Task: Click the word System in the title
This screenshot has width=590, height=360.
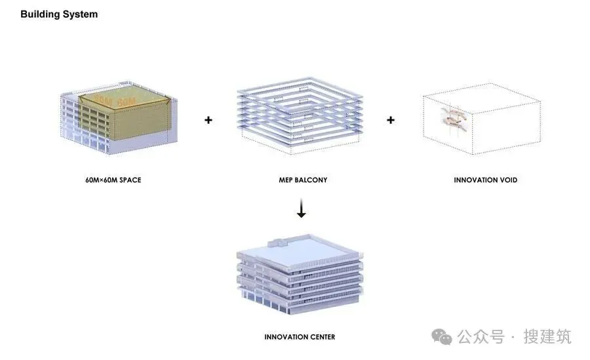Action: pyautogui.click(x=81, y=14)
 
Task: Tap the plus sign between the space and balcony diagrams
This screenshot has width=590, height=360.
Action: pyautogui.click(x=208, y=120)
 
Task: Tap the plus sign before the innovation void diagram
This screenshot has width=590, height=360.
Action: pyautogui.click(x=391, y=120)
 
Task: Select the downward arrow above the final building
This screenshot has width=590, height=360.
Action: pyautogui.click(x=301, y=209)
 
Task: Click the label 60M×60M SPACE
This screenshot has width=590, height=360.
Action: pyautogui.click(x=113, y=180)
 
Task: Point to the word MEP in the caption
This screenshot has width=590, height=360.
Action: pyautogui.click(x=286, y=180)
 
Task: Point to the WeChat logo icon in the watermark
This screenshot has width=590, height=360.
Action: pyautogui.click(x=446, y=337)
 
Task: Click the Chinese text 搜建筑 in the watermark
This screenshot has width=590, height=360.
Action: pyautogui.click(x=547, y=337)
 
